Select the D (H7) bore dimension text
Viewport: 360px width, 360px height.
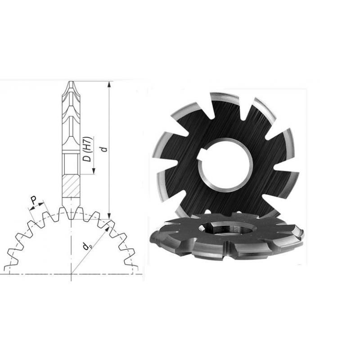[89, 148]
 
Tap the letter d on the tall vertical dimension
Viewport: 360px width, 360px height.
[104, 148]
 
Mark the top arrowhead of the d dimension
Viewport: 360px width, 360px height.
[109, 84]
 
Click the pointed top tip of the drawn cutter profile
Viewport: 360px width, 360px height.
[71, 82]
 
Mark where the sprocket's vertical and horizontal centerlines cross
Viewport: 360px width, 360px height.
[71, 273]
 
